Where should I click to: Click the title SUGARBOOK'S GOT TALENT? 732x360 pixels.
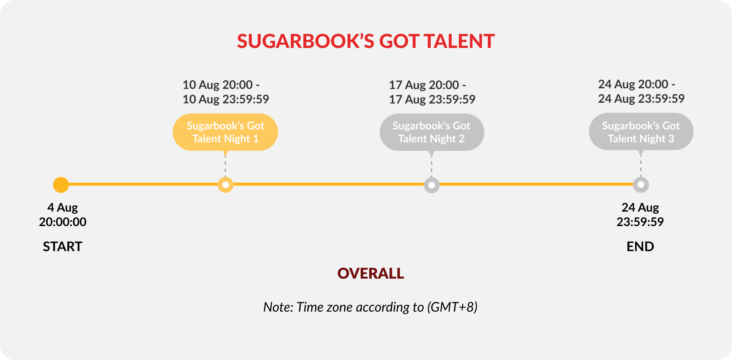366,41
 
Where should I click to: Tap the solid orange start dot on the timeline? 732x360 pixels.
61,185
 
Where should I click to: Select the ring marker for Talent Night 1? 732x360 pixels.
226,185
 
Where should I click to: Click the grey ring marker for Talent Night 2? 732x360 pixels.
432,185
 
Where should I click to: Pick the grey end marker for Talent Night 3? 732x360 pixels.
641,185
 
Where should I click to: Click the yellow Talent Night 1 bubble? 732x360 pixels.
225,132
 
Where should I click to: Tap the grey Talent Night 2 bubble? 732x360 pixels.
432,132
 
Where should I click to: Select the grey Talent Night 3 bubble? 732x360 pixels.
641,132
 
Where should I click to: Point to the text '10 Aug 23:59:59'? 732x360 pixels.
226,99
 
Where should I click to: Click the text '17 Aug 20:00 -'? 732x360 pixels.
427,85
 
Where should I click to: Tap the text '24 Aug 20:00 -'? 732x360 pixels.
637,84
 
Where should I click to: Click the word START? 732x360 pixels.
62,247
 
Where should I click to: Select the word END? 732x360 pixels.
640,247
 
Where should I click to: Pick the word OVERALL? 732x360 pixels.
371,273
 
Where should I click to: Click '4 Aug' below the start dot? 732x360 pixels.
62,208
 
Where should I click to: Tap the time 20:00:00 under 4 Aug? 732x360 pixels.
62,222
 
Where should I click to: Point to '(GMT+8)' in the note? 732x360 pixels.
452,307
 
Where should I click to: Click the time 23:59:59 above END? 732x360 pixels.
640,222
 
